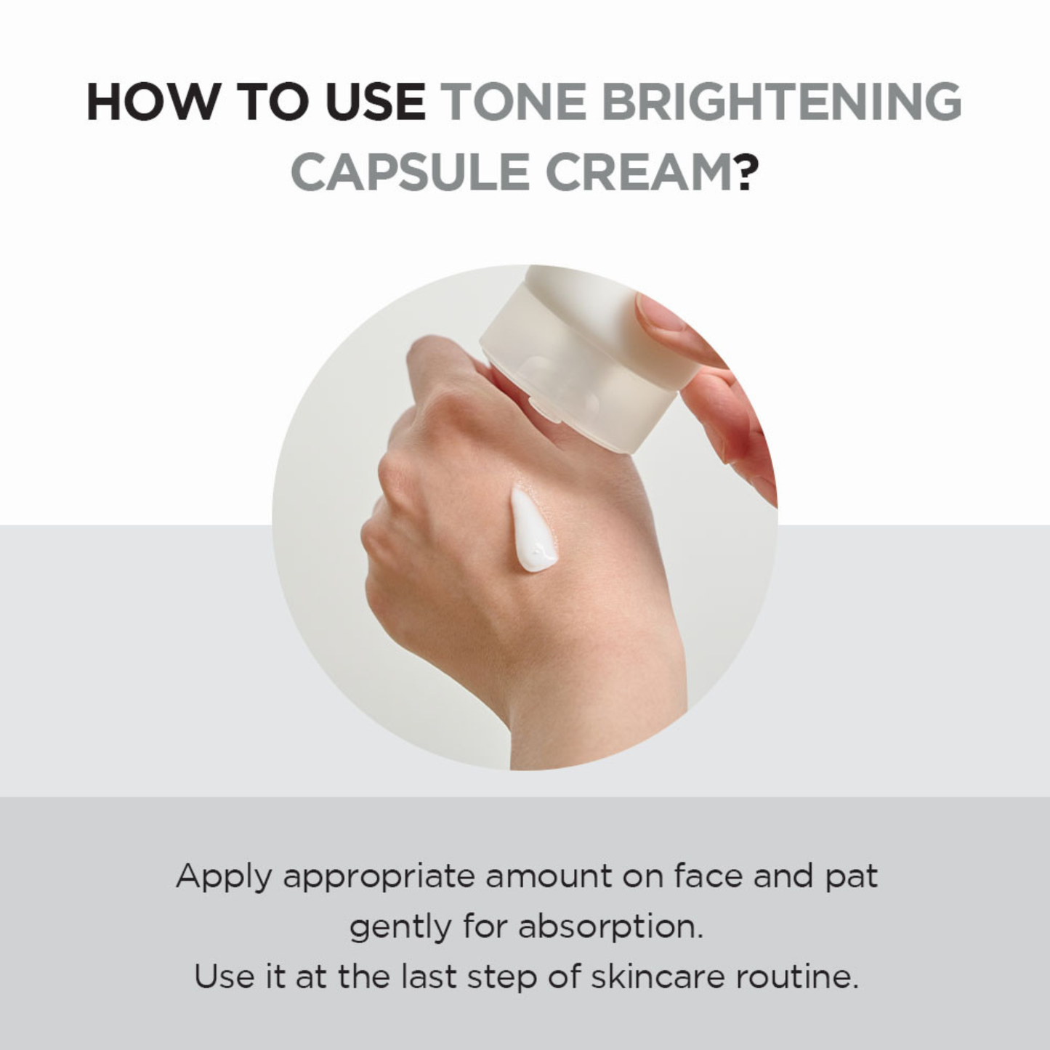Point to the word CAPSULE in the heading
(410, 173)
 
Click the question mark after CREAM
(747, 173)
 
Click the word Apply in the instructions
(224, 877)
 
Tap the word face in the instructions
(707, 876)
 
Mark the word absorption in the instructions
(610, 928)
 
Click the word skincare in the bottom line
(658, 977)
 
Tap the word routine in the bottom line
(796, 977)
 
